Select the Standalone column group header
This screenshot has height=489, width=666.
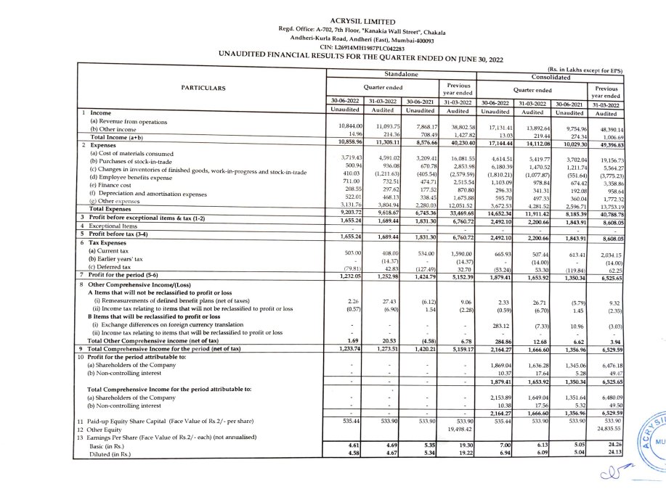pyautogui.click(x=400, y=75)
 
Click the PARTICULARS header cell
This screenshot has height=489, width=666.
pyautogui.click(x=203, y=89)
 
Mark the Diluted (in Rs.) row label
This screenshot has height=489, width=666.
pyautogui.click(x=110, y=454)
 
